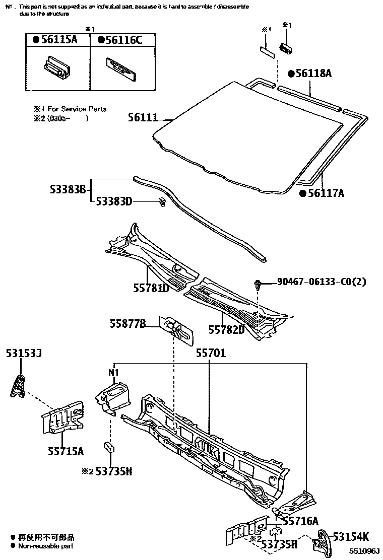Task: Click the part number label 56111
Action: coord(143,118)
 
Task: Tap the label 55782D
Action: coord(226,329)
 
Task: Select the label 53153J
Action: coord(24,354)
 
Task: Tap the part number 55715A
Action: coord(66,451)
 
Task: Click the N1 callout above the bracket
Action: coord(114,373)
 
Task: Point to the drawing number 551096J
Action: coord(365,552)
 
